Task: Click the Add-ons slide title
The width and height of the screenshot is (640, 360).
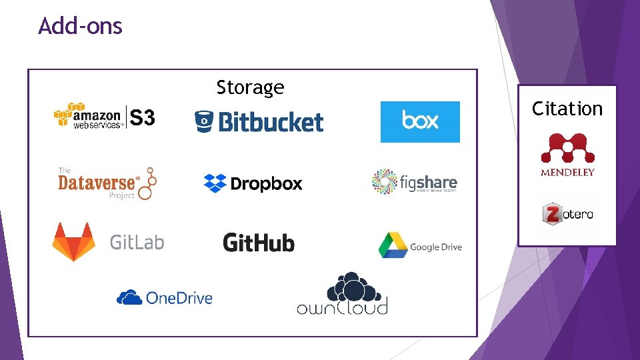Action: [x=80, y=26]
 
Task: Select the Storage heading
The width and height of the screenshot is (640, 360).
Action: [x=250, y=87]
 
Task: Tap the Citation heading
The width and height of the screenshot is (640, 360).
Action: [x=567, y=109]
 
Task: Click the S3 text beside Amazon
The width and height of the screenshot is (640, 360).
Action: [x=142, y=119]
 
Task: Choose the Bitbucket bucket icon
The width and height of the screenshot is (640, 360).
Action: [x=203, y=121]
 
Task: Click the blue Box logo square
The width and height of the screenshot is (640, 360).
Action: [x=420, y=121]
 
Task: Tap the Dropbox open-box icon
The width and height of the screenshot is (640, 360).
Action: [x=215, y=183]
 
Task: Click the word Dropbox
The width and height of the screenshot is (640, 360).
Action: [x=266, y=183]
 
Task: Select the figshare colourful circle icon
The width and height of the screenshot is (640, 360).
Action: [x=384, y=182]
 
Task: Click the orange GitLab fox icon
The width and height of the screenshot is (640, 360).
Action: [x=74, y=241]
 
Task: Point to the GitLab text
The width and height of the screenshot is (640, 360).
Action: [x=137, y=242]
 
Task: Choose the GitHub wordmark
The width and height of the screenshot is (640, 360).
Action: [x=259, y=243]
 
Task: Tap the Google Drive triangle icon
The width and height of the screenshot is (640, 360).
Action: [x=392, y=245]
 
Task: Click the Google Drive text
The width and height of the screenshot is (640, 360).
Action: [x=435, y=247]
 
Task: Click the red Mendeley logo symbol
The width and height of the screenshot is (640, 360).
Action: [x=567, y=149]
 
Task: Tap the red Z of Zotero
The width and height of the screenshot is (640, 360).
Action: [x=552, y=215]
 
